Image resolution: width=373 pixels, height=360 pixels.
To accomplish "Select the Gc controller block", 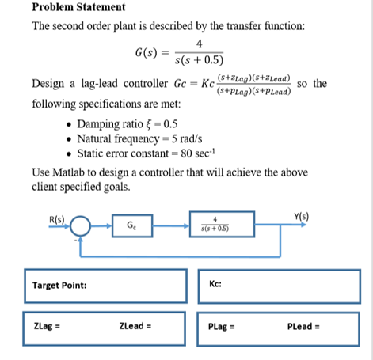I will pos(129,226).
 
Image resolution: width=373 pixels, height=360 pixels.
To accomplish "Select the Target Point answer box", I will pos(106,286).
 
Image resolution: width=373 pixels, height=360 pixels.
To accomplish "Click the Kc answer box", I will pos(280,286).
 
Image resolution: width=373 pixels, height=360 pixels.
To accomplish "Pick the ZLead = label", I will pos(135,325).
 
